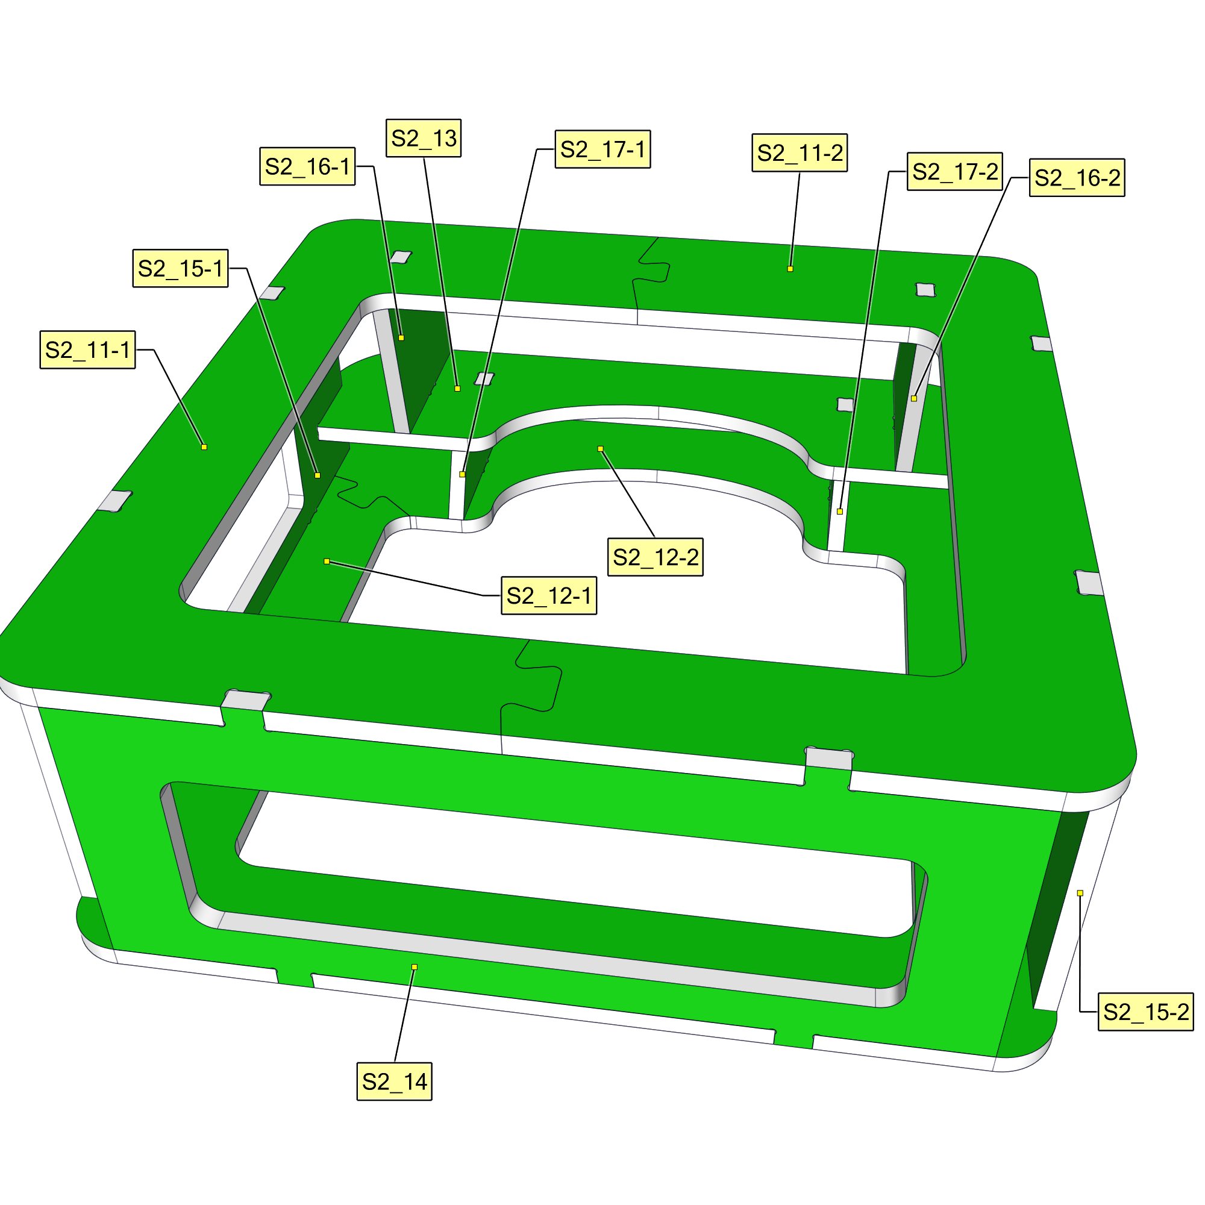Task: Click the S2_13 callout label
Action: click(x=424, y=138)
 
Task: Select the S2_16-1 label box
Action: click(x=307, y=166)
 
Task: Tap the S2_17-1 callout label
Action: click(x=602, y=149)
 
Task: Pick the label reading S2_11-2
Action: click(x=800, y=153)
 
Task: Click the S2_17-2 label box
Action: click(x=955, y=172)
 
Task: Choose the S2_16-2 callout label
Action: click(x=1077, y=178)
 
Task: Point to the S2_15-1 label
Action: click(x=180, y=268)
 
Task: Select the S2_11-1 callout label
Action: click(x=88, y=350)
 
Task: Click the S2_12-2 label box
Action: click(x=656, y=556)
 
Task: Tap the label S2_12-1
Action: click(x=549, y=596)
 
